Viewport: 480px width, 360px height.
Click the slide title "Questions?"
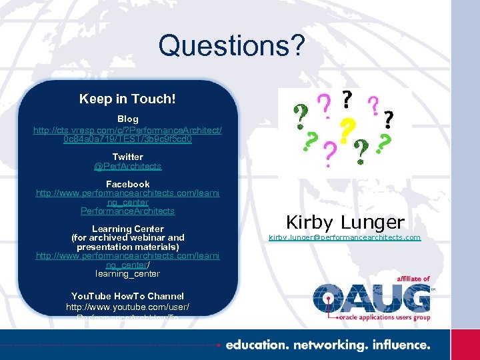pyautogui.click(x=231, y=46)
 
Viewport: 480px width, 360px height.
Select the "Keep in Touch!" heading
pyautogui.click(x=127, y=99)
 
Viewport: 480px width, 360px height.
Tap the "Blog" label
pyautogui.click(x=127, y=119)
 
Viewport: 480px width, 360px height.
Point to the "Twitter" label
pyautogui.click(x=127, y=157)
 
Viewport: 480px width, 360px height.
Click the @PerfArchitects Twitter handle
pyautogui.click(x=127, y=166)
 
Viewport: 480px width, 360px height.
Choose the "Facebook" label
pyautogui.click(x=127, y=184)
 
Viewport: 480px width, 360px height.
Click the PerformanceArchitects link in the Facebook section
pyautogui.click(x=127, y=211)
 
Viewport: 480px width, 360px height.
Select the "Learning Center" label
pyautogui.click(x=127, y=229)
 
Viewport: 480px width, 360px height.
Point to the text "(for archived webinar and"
pyautogui.click(x=127, y=237)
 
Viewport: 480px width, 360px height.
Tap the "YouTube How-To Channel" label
pyautogui.click(x=127, y=296)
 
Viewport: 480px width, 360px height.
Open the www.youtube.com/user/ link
pyautogui.click(x=127, y=307)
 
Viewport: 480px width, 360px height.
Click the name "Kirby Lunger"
pyautogui.click(x=345, y=222)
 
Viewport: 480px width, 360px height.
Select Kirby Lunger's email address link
pyautogui.click(x=345, y=237)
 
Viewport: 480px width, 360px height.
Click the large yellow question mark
pyautogui.click(x=345, y=131)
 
